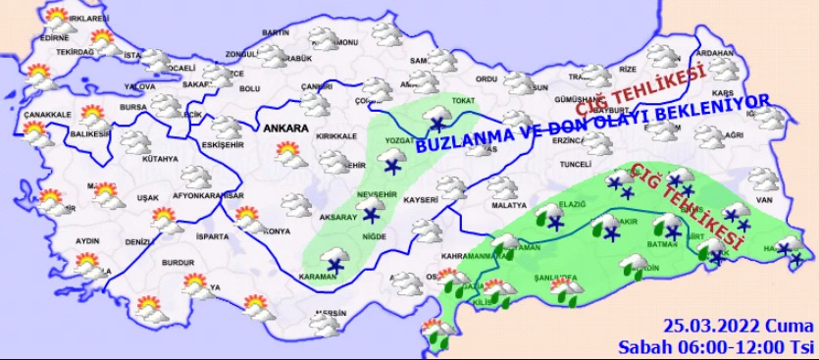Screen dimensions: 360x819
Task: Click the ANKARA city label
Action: pyautogui.click(x=285, y=129)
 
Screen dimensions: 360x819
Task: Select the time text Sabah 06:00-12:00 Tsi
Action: pyautogui.click(x=717, y=346)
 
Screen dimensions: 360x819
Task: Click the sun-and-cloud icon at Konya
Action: pyautogui.click(x=250, y=217)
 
